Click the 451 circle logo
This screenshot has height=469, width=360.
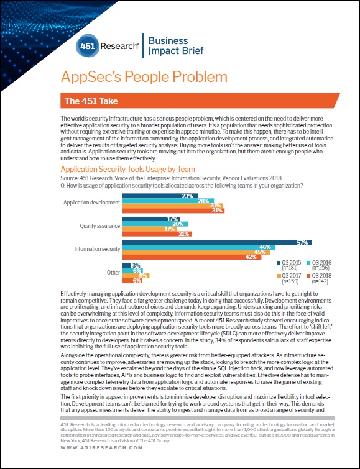coord(87,46)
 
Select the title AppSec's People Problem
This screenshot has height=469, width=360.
coord(144,77)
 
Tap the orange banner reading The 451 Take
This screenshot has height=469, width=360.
coord(200,100)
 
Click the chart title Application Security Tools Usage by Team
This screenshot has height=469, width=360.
coord(127,170)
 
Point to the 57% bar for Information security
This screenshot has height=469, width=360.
coord(217,243)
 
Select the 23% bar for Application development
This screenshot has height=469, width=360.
coord(160,196)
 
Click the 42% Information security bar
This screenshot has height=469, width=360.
coord(192,257)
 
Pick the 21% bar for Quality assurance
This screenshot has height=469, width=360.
coord(157,234)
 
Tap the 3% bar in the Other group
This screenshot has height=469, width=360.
coord(127,266)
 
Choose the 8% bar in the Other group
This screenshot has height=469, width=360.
coord(136,276)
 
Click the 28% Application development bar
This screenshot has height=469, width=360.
coord(168,201)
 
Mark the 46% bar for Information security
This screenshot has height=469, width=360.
coord(199,247)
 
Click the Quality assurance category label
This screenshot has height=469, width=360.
coord(99,226)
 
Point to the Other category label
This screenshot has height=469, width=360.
coord(113,273)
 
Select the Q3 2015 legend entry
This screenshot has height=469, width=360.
coord(289,265)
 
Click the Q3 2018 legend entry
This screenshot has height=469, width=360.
coord(320,278)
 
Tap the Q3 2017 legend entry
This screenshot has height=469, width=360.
coord(289,278)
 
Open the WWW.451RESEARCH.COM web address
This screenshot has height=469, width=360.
coord(102,448)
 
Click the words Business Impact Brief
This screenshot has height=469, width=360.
coord(176,45)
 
